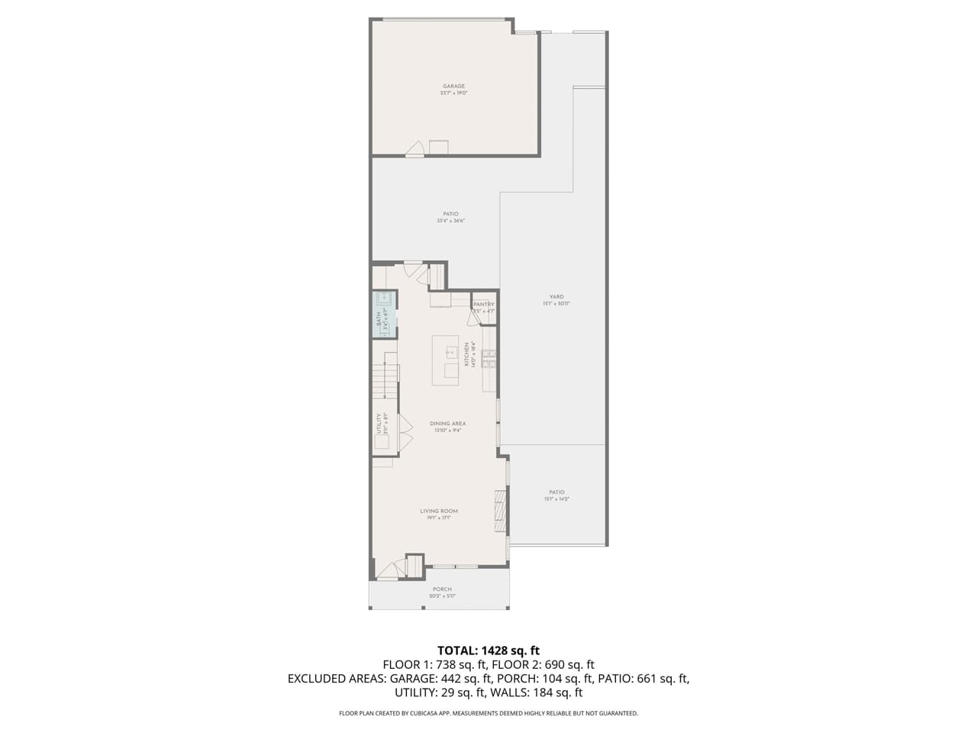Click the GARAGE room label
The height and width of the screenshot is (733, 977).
coord(453,86)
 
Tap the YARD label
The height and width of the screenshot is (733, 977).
coord(556,297)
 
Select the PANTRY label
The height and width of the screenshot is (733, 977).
coord(484,305)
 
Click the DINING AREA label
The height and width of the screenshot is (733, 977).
coord(447,424)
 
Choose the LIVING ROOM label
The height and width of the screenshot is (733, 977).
coord(439,511)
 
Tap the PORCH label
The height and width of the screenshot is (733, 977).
coord(442,589)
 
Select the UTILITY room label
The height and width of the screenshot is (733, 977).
coord(379,425)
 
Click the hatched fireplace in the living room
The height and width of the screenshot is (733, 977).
coord(500,511)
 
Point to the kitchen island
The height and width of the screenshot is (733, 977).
coord(446,360)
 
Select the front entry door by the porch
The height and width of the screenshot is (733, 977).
coord(390,570)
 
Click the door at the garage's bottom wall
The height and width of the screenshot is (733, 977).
coord(414,150)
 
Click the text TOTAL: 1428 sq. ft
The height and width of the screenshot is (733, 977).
coord(488,651)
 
